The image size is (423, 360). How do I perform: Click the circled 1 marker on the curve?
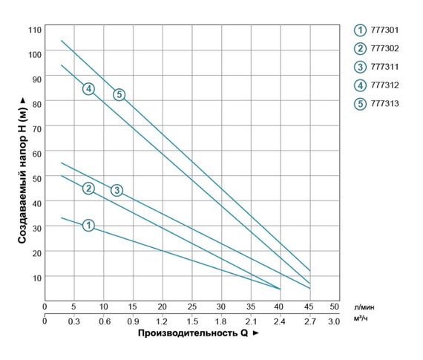pyautogui.click(x=88, y=225)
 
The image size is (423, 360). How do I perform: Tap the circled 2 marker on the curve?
pyautogui.click(x=88, y=188)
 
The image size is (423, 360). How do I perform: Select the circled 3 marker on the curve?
pyautogui.click(x=117, y=191)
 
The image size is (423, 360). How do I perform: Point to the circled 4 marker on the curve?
pyautogui.click(x=88, y=89)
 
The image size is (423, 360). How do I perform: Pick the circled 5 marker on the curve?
pyautogui.click(x=119, y=94)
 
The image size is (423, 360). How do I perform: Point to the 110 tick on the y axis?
pyautogui.click(x=34, y=29)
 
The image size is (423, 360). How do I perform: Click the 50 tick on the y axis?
pyautogui.click(x=36, y=177)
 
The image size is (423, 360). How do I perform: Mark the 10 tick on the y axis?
pyautogui.click(x=36, y=276)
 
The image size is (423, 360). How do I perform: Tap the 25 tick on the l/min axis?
pyautogui.click(x=192, y=307)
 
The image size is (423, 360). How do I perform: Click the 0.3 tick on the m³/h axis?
pyautogui.click(x=73, y=321)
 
